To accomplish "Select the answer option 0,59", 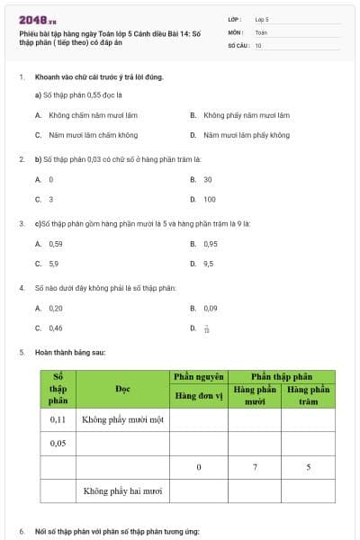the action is [56, 243].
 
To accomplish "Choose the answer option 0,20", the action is [56, 308].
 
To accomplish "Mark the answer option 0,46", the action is [56, 328].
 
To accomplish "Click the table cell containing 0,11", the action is [58, 419].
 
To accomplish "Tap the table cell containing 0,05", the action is [58, 443].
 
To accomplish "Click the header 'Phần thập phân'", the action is [281, 376].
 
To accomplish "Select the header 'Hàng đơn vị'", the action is [198, 393].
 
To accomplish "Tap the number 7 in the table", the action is [255, 467].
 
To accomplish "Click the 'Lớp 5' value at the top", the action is [262, 18].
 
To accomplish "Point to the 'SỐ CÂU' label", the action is [238, 44].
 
